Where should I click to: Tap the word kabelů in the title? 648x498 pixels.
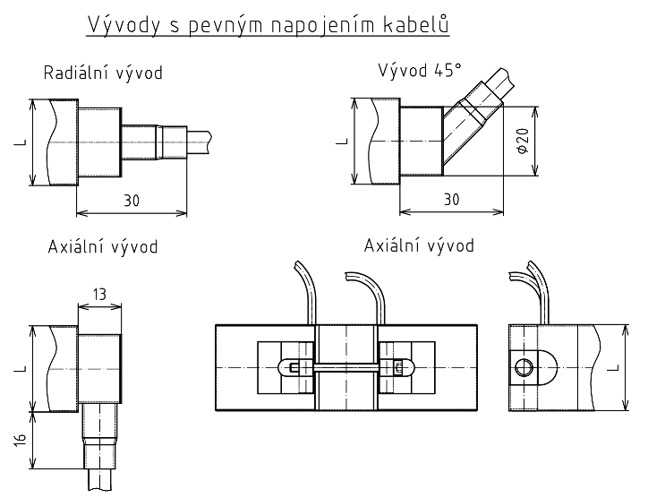click(414, 26)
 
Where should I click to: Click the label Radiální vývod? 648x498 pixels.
click(104, 73)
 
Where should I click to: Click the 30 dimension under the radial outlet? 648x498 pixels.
click(131, 201)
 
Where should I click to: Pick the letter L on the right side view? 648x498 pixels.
click(612, 367)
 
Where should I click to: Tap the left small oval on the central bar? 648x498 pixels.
click(293, 366)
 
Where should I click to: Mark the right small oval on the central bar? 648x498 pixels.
click(397, 366)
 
